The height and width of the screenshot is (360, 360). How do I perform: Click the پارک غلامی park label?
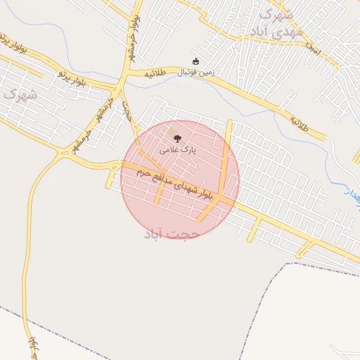tap(177, 149)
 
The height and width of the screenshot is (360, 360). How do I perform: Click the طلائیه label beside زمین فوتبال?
tap(156, 73)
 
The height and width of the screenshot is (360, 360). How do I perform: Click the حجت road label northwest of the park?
tap(127, 110)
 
